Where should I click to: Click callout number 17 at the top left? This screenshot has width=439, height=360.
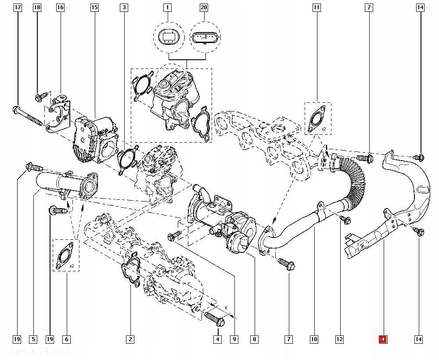point(18,7)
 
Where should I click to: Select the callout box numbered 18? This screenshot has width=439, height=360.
point(37,7)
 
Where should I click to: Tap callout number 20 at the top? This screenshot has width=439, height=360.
point(204,7)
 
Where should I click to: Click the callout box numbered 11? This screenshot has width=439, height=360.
point(317,7)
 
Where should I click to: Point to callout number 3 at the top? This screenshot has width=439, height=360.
point(124,7)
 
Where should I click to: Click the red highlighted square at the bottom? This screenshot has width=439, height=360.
point(382,339)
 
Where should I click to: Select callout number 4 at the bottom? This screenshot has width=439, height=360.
point(217,339)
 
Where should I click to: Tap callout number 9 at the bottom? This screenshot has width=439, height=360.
point(235,339)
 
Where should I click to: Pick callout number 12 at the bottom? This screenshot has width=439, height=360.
point(339,339)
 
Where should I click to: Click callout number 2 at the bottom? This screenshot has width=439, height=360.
point(130,339)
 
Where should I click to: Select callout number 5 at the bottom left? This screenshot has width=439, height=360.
point(33,339)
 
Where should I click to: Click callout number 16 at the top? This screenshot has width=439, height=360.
point(60,7)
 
